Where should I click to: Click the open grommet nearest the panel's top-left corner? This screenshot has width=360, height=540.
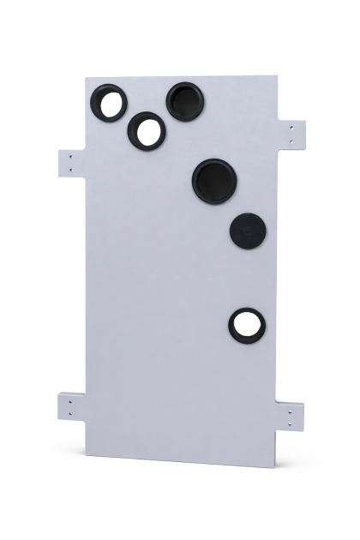(111, 103)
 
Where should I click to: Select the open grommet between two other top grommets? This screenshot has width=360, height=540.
(147, 130)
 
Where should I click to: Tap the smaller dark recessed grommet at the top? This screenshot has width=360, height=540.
(184, 101)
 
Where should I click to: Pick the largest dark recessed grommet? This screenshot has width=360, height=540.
(214, 180)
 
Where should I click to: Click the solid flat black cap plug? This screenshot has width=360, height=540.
(248, 230)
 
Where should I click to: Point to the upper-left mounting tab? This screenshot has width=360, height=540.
(72, 162)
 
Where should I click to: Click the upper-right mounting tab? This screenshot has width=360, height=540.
(293, 134)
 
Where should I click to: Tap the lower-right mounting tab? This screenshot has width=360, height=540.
(291, 417)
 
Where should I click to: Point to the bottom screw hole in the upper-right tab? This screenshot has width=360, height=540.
(292, 140)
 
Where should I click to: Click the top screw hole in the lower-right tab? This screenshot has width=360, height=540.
(291, 411)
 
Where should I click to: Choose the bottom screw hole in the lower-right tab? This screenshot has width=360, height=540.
(291, 423)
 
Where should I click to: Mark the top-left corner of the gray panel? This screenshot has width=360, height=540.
(87, 78)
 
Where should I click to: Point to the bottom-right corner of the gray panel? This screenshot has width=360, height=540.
(276, 467)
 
